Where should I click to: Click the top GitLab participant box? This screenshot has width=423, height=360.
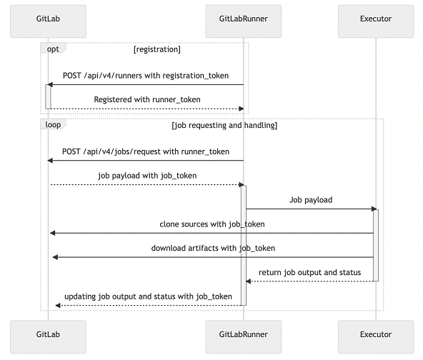48,20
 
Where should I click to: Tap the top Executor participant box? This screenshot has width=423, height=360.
375,20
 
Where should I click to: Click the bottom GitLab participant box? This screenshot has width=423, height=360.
48,335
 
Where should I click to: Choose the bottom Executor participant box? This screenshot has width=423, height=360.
375,335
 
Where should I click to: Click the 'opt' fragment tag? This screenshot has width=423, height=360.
53,49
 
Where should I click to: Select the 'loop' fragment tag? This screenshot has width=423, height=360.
54,124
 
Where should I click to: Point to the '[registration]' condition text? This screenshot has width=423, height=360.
156,50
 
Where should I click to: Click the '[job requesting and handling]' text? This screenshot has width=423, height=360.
224,126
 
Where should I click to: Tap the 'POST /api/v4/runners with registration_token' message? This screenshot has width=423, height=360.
146,74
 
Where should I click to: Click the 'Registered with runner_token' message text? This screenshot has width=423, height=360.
147,99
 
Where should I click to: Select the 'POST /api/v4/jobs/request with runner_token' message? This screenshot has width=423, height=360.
146,151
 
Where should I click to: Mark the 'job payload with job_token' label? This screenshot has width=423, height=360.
147,175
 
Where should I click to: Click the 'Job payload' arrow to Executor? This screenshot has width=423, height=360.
311,200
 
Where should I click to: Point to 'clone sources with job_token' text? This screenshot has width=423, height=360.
211,224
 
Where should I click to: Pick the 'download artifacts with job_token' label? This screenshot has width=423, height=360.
213,248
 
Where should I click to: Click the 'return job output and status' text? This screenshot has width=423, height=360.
310,272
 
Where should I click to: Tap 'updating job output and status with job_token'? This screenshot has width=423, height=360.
148,296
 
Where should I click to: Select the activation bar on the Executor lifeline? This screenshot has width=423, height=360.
375,245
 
